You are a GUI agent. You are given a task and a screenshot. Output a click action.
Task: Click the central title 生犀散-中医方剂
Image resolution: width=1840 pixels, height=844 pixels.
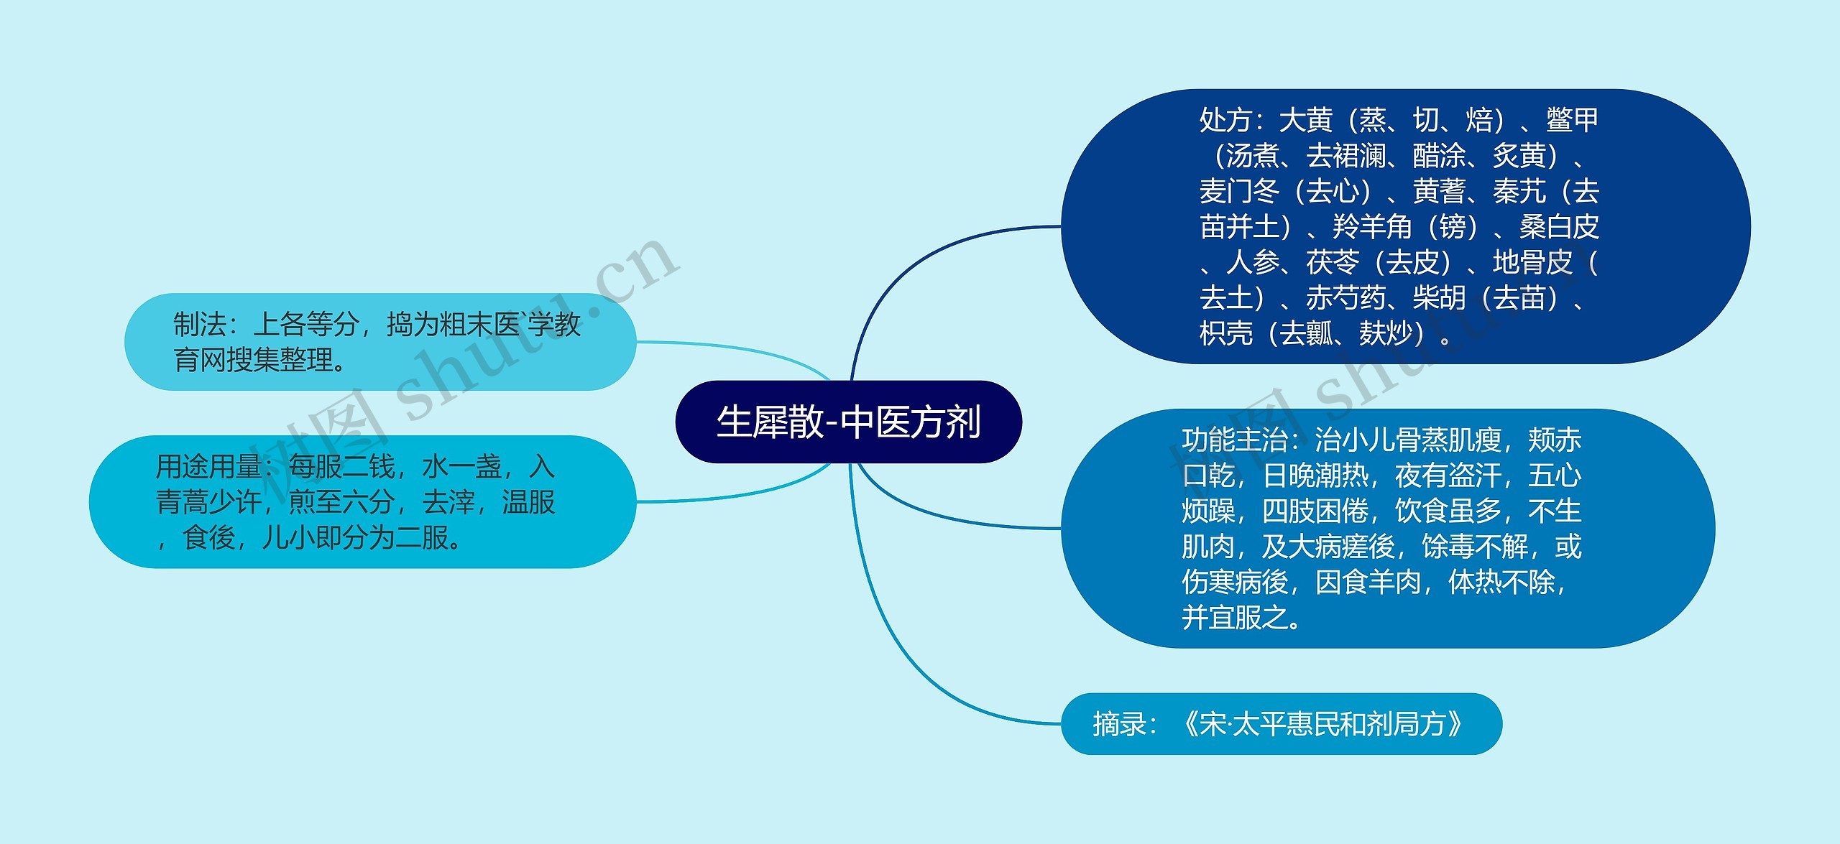coord(848,422)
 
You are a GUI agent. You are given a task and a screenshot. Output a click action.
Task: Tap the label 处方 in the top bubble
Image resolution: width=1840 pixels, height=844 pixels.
coord(1225,120)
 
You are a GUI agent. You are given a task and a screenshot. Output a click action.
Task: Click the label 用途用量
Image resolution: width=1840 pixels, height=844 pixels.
coord(208,467)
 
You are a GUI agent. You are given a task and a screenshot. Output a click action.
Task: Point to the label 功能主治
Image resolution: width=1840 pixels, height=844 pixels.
coord(1235,440)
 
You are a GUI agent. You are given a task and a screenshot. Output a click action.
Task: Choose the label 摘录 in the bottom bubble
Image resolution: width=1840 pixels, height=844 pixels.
coord(1119,724)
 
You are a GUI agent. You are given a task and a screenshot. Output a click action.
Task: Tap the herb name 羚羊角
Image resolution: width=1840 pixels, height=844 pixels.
coord(1371,227)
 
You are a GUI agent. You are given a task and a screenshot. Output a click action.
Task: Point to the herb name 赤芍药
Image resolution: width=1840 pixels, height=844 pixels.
coord(1345,297)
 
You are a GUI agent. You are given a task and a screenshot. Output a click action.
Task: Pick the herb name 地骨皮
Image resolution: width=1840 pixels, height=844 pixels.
coord(1532,262)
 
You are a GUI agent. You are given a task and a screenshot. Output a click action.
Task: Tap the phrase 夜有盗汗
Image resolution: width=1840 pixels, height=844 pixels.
coord(1448,475)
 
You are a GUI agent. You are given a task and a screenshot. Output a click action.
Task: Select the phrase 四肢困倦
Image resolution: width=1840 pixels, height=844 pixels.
coord(1315,511)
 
